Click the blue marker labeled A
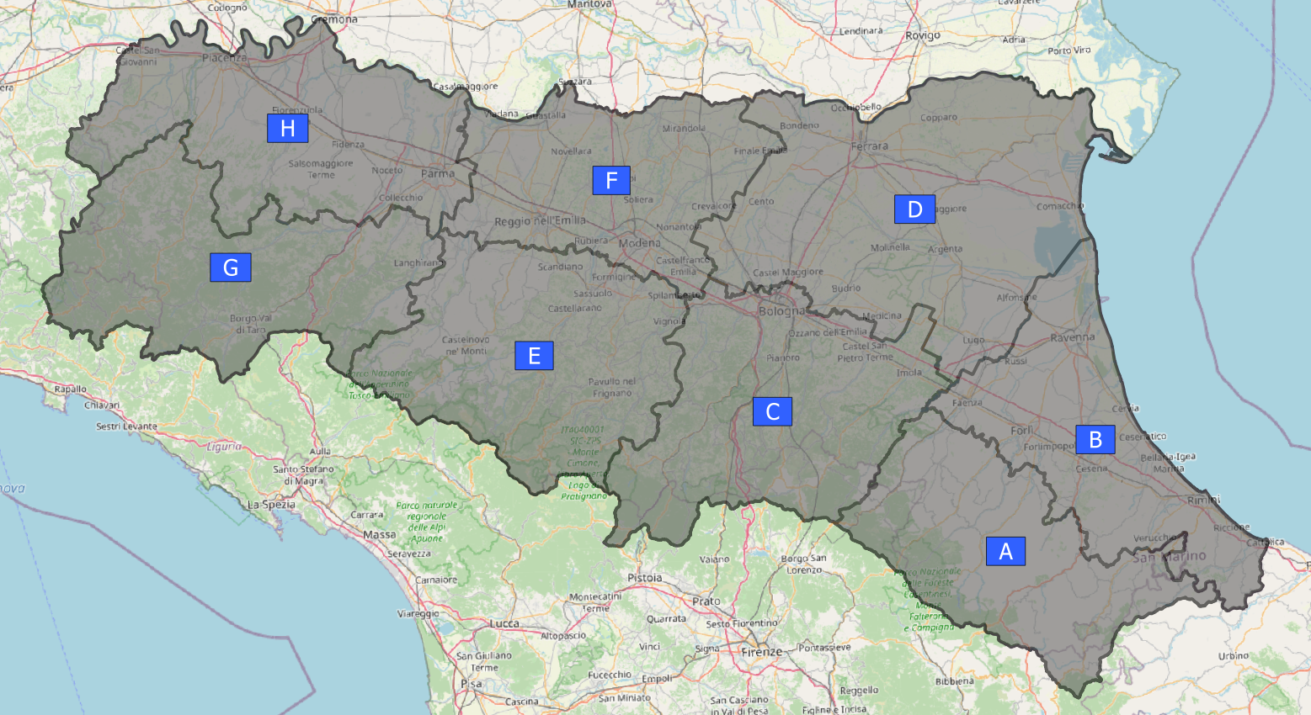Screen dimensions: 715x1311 click(1005, 551)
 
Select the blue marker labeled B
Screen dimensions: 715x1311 click(1095, 439)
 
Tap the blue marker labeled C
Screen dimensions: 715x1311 click(772, 411)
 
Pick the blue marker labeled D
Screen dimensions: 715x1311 click(914, 209)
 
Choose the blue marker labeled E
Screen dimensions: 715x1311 click(534, 356)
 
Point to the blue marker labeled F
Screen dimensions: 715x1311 click(611, 180)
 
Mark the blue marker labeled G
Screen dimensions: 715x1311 click(230, 267)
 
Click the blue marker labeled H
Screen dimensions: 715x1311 click(287, 128)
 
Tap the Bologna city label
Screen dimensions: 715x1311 click(781, 311)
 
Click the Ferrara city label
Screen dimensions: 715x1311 click(869, 146)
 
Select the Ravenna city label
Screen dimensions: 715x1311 click(1072, 338)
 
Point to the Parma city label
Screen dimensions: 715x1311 click(437, 174)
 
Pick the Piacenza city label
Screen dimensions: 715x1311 click(224, 58)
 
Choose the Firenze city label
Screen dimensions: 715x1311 click(762, 652)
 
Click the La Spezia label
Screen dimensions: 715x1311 click(271, 505)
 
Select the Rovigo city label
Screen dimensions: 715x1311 click(922, 36)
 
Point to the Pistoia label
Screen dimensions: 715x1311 click(644, 578)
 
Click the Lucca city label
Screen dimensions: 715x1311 click(504, 623)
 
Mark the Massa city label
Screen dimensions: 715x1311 click(379, 534)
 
